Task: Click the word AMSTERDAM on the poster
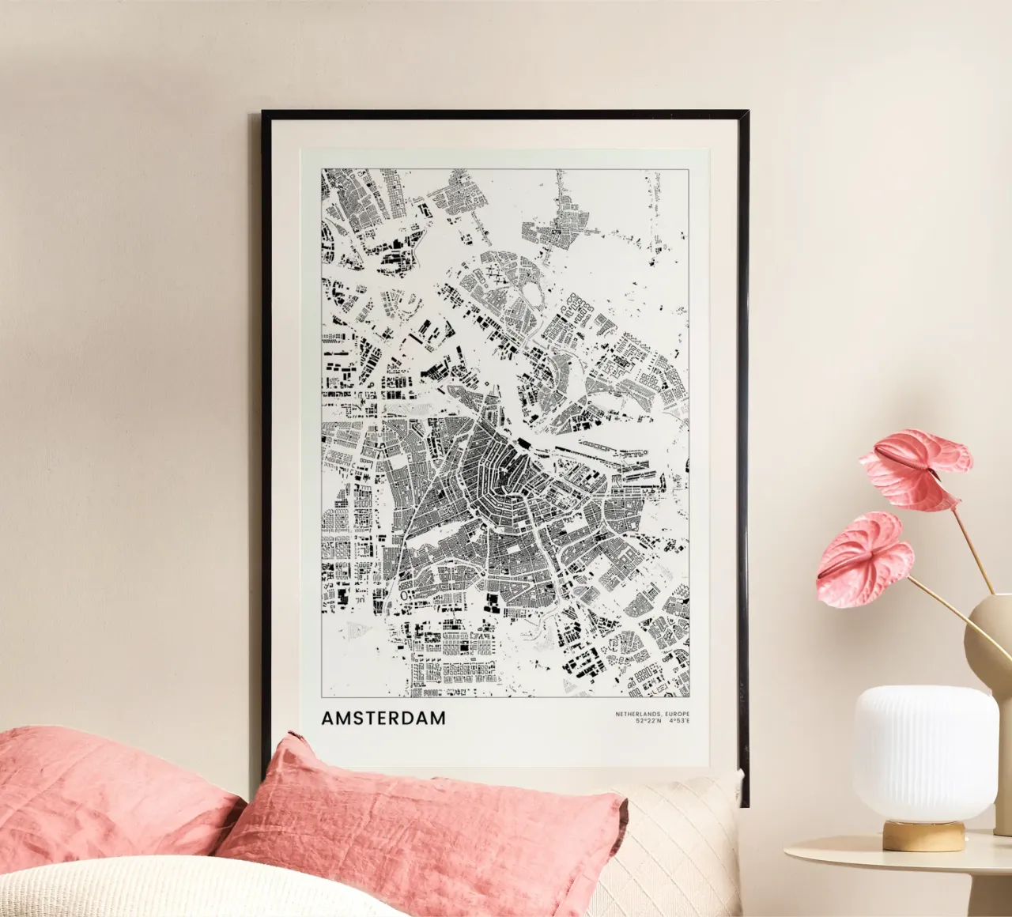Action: pyautogui.click(x=383, y=719)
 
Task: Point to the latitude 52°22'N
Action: pyautogui.click(x=648, y=721)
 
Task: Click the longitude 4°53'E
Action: pyautogui.click(x=678, y=721)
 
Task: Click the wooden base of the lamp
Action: pyautogui.click(x=923, y=835)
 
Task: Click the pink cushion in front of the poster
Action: pyautogui.click(x=427, y=830)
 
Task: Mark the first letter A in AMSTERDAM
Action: pyautogui.click(x=328, y=719)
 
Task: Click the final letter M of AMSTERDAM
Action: pyautogui.click(x=437, y=719)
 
